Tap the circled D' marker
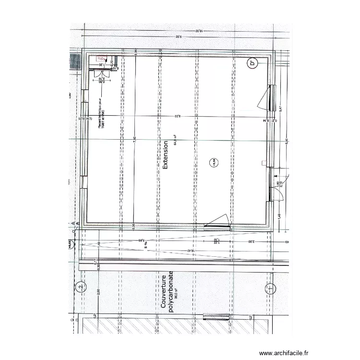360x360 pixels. coord(252,63)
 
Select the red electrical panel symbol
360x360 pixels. coord(101,59)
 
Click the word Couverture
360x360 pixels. coord(163,291)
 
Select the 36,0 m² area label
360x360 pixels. coord(176,293)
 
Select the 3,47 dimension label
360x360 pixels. coord(280,108)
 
